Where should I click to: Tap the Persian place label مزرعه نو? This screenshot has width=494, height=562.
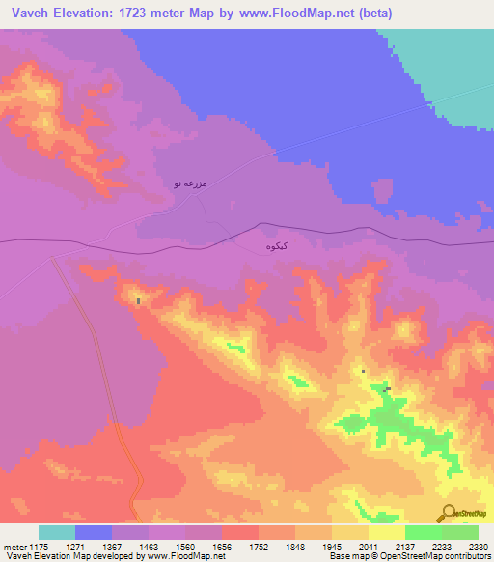tap(190, 183)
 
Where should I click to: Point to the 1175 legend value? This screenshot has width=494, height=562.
tap(38, 547)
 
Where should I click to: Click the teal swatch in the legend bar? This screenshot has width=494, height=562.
tap(57, 532)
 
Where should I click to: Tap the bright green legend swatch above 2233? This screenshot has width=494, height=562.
tap(424, 532)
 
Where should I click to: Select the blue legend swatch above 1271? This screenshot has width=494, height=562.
tap(94, 532)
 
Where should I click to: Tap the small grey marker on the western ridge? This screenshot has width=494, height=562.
tap(138, 301)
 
